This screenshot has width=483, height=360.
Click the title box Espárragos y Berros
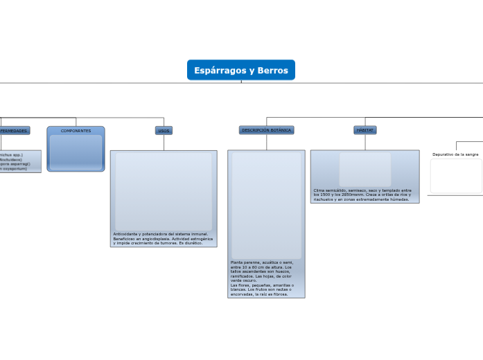click(x=240, y=70)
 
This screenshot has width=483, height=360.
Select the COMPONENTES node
click(x=76, y=131)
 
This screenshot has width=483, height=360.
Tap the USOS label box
click(x=164, y=130)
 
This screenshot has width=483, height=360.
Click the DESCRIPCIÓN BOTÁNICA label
click(x=266, y=130)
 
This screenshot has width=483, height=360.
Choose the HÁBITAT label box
click(x=365, y=130)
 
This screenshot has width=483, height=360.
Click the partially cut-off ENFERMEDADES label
click(x=14, y=130)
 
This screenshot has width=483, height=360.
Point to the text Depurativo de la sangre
click(x=455, y=154)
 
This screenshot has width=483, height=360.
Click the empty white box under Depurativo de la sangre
click(x=456, y=176)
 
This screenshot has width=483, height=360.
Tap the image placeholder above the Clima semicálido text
click(x=365, y=169)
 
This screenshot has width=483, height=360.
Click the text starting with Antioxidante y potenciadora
click(x=164, y=239)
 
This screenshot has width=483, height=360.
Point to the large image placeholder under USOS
click(x=164, y=192)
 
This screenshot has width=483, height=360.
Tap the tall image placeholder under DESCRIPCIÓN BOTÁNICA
click(x=266, y=206)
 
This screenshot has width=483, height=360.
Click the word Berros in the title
click(x=272, y=71)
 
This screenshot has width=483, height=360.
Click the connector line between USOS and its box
click(x=164, y=142)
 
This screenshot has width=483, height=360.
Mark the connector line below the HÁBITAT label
click(x=365, y=142)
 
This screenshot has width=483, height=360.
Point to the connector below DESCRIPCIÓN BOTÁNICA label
click(x=266, y=142)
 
